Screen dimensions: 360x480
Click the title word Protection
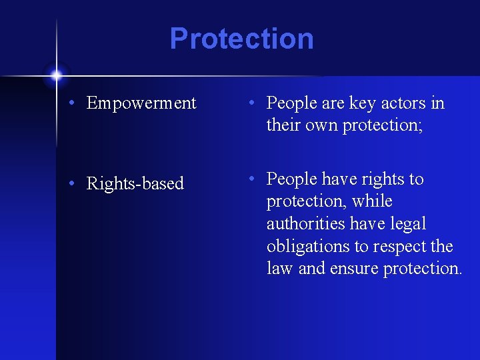[241, 39]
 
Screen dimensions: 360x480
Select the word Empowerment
[141, 103]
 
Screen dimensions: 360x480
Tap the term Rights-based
[135, 183]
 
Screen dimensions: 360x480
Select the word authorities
[305, 224]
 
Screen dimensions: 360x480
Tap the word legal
[407, 224]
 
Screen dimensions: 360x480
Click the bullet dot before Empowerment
[77, 104]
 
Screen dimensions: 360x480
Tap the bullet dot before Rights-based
[77, 184]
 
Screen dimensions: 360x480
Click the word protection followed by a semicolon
[382, 125]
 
